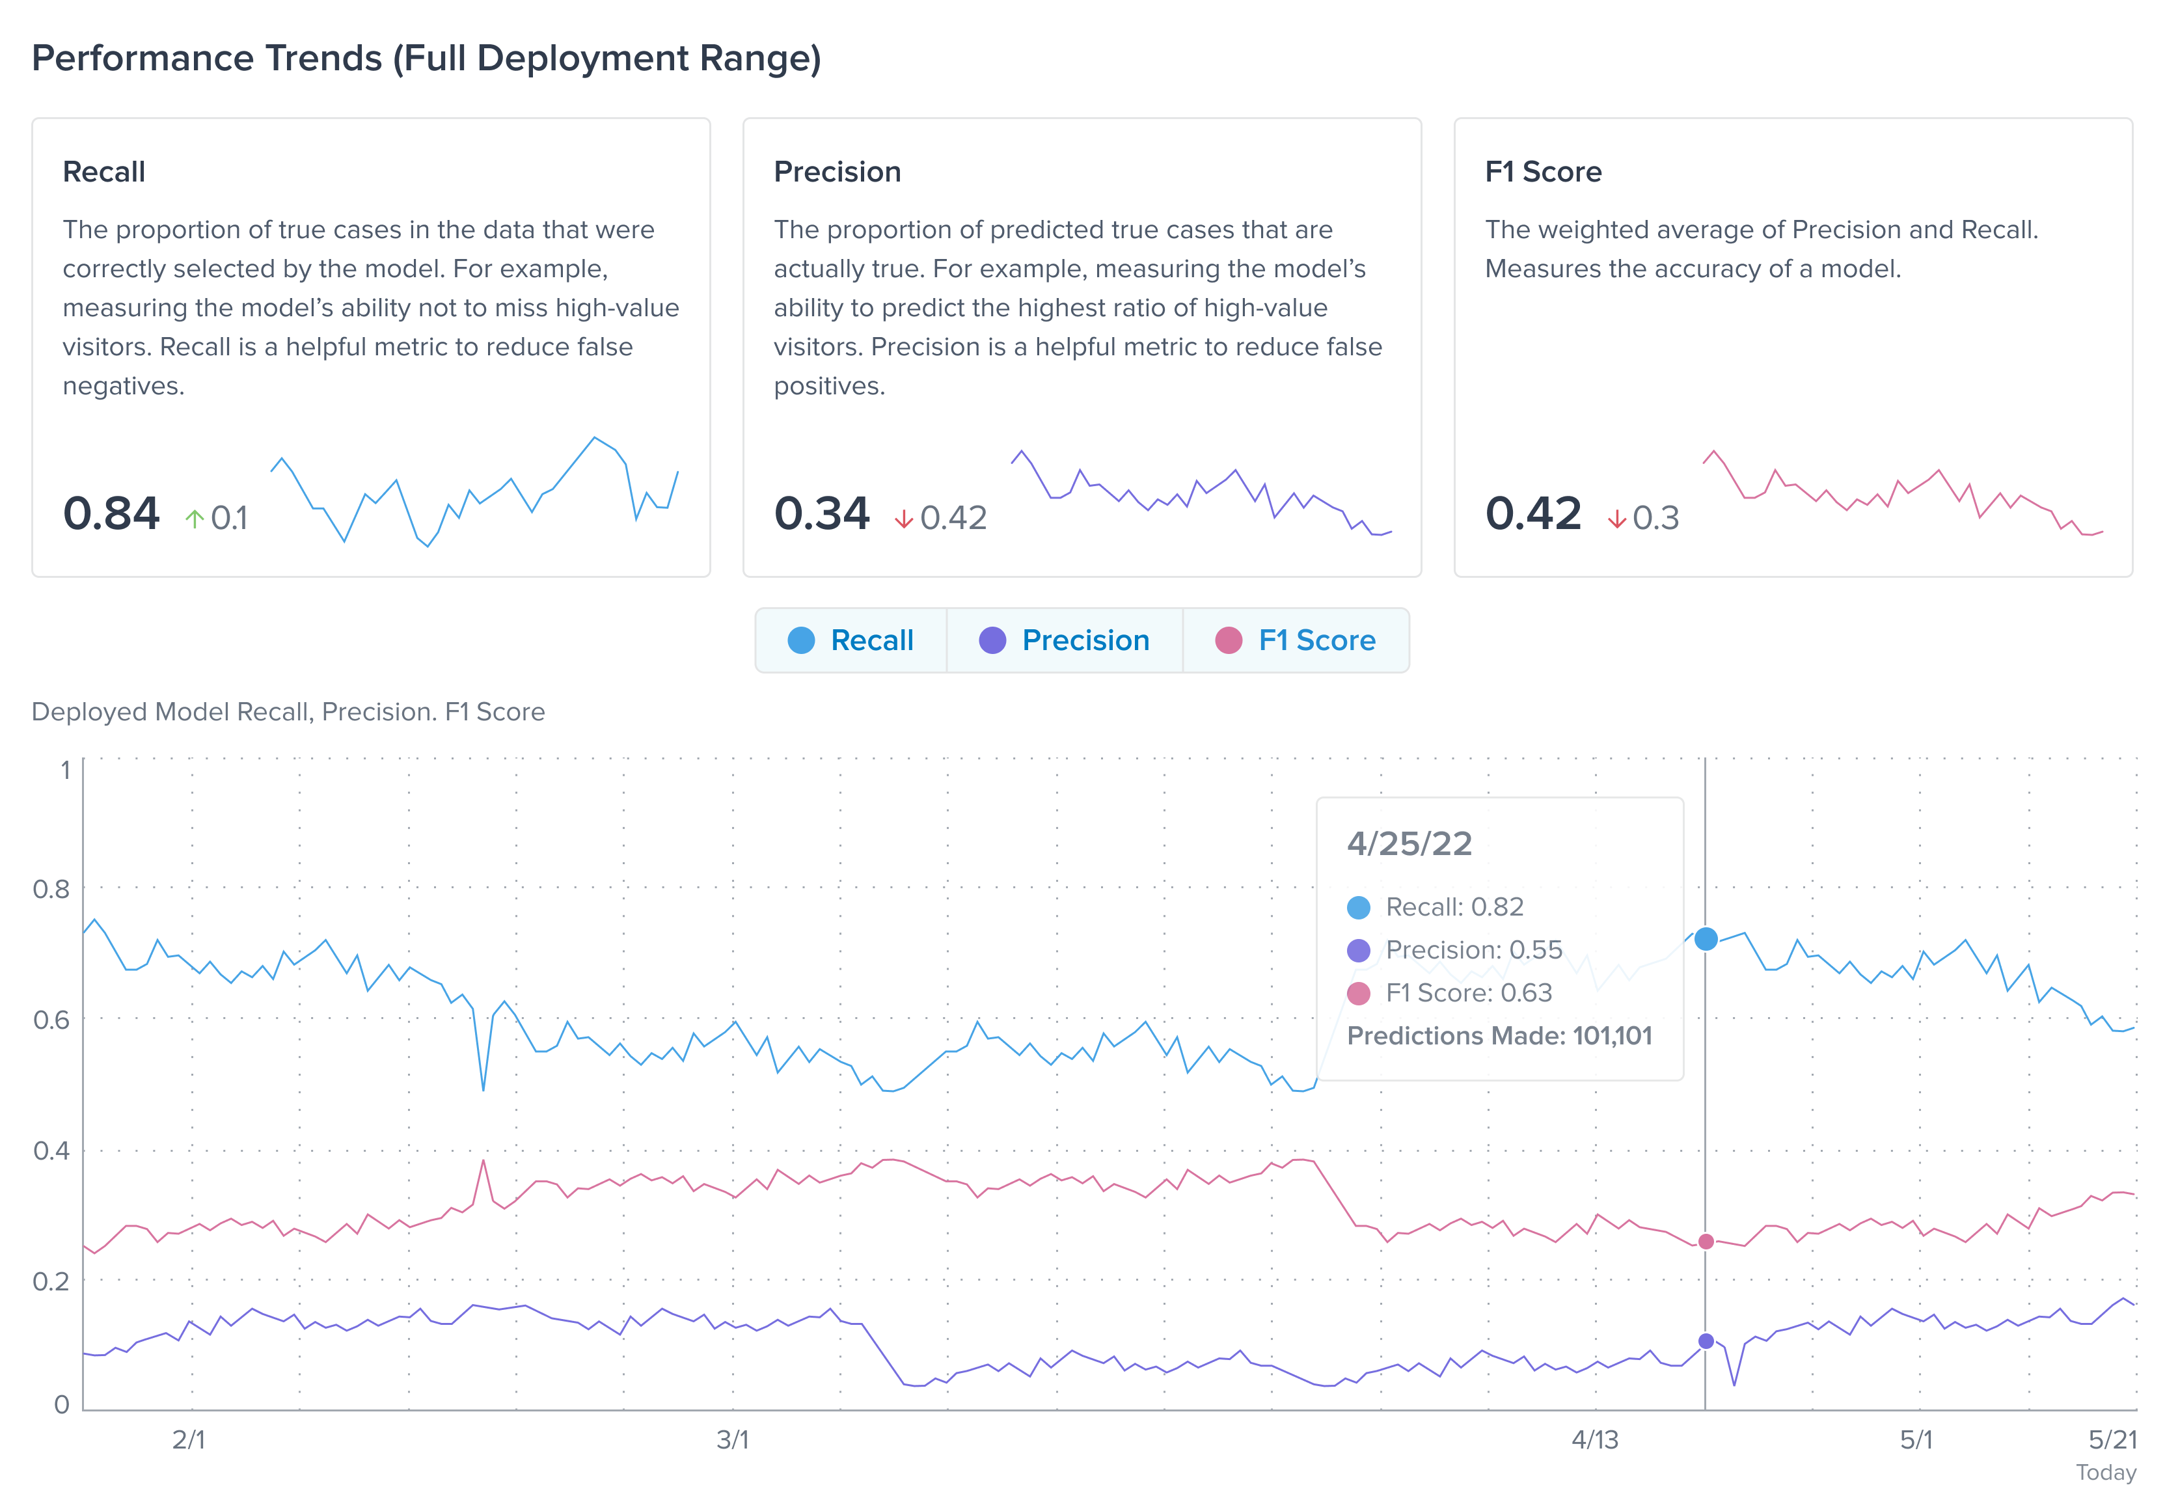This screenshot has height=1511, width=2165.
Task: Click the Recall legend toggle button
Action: [x=851, y=640]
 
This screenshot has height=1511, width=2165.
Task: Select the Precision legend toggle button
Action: [x=1065, y=640]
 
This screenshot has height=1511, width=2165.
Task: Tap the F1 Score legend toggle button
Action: [x=1296, y=640]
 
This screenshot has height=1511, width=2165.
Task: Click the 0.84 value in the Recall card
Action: [x=111, y=514]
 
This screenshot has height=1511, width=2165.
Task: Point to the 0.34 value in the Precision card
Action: [x=821, y=514]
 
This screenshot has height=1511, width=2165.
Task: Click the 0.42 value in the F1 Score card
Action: [x=1532, y=514]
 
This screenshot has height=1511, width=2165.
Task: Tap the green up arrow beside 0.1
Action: [x=195, y=518]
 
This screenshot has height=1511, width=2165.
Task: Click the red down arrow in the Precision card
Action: [x=903, y=518]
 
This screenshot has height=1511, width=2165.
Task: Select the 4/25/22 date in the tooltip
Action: [x=1409, y=843]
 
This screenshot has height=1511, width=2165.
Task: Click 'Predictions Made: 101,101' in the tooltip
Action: [x=1499, y=1035]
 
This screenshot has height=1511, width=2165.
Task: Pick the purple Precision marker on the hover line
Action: [x=1706, y=1341]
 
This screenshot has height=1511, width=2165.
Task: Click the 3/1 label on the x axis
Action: [x=733, y=1439]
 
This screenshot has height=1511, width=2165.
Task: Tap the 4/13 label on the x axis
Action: [x=1594, y=1439]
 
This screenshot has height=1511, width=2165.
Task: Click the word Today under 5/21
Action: [x=2106, y=1473]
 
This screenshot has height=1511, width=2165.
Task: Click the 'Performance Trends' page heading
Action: [x=426, y=59]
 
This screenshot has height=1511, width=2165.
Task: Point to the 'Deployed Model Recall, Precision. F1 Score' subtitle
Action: [x=288, y=711]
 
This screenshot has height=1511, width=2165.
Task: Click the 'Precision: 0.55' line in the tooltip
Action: [x=1473, y=950]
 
